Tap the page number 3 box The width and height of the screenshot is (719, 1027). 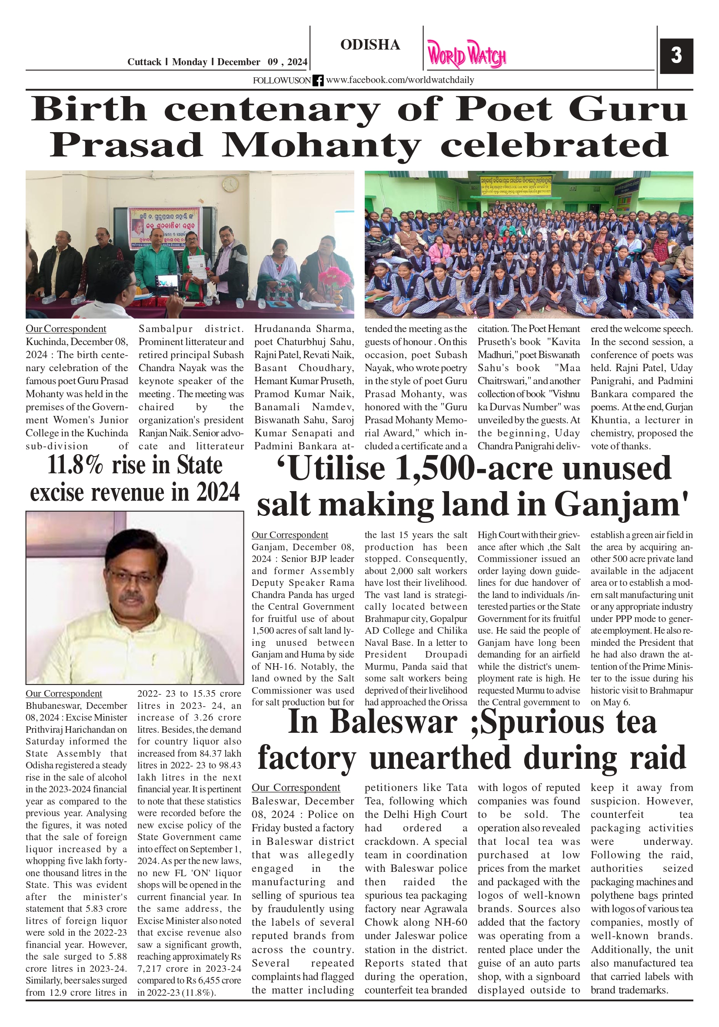pos(676,56)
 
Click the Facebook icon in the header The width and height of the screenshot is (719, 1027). pos(318,80)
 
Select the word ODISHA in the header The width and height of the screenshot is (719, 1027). pos(370,45)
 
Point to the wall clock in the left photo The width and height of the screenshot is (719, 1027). pos(230,184)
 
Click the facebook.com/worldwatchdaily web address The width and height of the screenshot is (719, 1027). pos(399,80)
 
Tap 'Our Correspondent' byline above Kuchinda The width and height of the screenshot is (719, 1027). pos(66,329)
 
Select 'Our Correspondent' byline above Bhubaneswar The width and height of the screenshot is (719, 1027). pos(63,693)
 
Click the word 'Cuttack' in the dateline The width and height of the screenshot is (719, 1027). pos(144,62)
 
